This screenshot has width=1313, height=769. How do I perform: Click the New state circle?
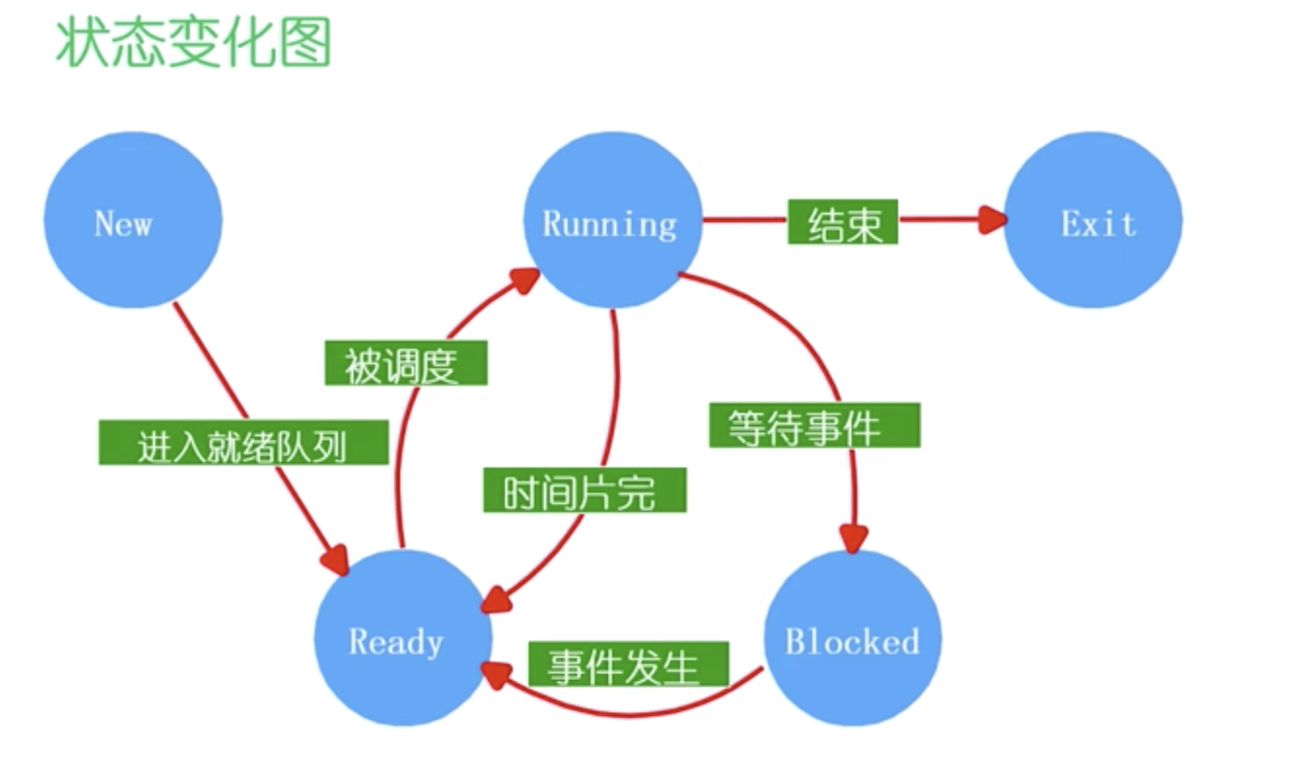(133, 220)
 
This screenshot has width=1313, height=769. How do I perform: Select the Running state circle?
(613, 220)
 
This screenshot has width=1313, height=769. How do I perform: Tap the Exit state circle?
(1093, 220)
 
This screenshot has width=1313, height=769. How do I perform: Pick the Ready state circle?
(402, 638)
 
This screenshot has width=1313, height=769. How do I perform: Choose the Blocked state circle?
(852, 638)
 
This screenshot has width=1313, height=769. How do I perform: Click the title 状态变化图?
(193, 43)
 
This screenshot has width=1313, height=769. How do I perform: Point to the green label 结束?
(842, 222)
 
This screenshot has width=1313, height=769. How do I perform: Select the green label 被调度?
(405, 363)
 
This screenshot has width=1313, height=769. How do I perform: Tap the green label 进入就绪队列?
(243, 443)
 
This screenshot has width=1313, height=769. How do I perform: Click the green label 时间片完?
(585, 490)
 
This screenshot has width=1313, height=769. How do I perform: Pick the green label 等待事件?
(814, 425)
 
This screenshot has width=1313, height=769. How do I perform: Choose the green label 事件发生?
(628, 664)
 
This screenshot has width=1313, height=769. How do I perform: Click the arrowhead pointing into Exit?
(993, 219)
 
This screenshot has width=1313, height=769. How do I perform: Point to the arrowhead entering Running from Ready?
(525, 280)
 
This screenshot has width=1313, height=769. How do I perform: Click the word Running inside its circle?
(610, 224)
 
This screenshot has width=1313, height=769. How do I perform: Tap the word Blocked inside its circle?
(852, 642)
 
